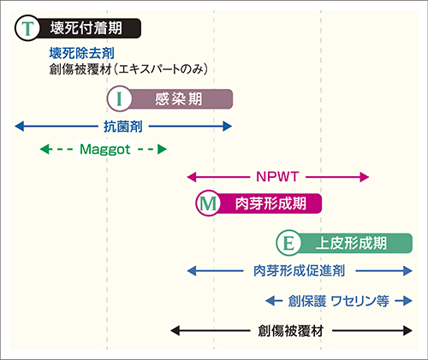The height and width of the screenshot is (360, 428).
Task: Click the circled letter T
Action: pos(27,28)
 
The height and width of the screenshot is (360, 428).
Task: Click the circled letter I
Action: pos(120,99)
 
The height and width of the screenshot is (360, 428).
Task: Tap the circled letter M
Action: pos(208,204)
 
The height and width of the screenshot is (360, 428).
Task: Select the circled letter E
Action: pos(288,243)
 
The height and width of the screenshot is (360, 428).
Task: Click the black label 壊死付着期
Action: pos(86,28)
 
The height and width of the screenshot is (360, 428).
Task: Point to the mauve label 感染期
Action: pos(179,99)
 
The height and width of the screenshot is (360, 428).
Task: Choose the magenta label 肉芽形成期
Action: pos(270,204)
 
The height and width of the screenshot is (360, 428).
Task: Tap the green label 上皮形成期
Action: pos(351,243)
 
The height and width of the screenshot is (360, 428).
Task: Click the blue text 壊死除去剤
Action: pos(81,53)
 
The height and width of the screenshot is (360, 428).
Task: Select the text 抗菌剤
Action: pos(123,127)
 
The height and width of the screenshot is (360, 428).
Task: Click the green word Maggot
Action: pos(104,149)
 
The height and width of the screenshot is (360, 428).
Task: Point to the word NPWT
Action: pos(277,177)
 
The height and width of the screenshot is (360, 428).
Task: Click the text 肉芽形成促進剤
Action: pos(300,270)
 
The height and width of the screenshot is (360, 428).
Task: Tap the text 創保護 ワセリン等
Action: pos(338,301)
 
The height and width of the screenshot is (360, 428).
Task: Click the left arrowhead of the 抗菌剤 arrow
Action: pos(20,127)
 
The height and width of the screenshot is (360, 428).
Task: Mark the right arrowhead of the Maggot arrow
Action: pos(162,149)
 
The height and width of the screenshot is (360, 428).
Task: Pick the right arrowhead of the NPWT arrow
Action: pos(365,177)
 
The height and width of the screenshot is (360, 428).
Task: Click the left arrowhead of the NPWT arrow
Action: pos(192,177)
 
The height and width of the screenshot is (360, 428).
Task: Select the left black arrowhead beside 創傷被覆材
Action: pos(175,331)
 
